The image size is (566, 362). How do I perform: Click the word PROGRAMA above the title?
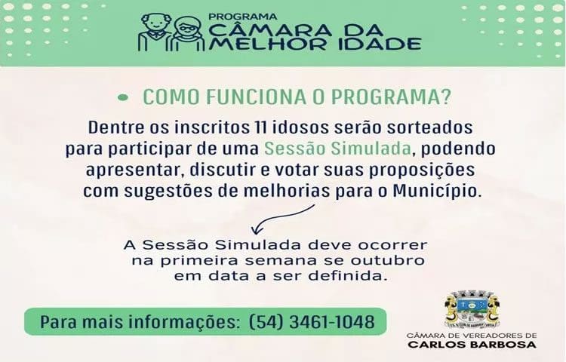[243, 17]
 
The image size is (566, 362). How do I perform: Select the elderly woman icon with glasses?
[188, 35]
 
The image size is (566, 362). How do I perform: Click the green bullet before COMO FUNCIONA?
[123, 97]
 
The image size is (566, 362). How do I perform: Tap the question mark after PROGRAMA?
[446, 97]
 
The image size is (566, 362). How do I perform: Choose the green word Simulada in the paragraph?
[371, 148]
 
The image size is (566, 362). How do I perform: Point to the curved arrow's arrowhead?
[257, 229]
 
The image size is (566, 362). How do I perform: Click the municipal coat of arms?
[472, 309]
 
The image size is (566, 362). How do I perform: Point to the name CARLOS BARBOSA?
[472, 345]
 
